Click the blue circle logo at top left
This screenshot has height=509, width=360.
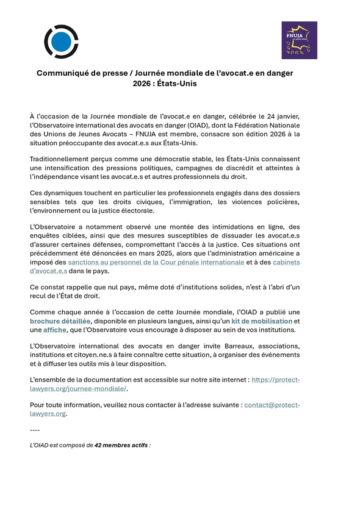tap(61, 42)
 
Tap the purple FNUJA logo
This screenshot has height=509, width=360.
tap(298, 40)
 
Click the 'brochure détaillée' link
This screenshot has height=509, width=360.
tap(60, 321)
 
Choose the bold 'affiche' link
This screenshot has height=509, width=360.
tap(56, 330)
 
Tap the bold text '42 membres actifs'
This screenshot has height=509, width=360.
tap(121, 446)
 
